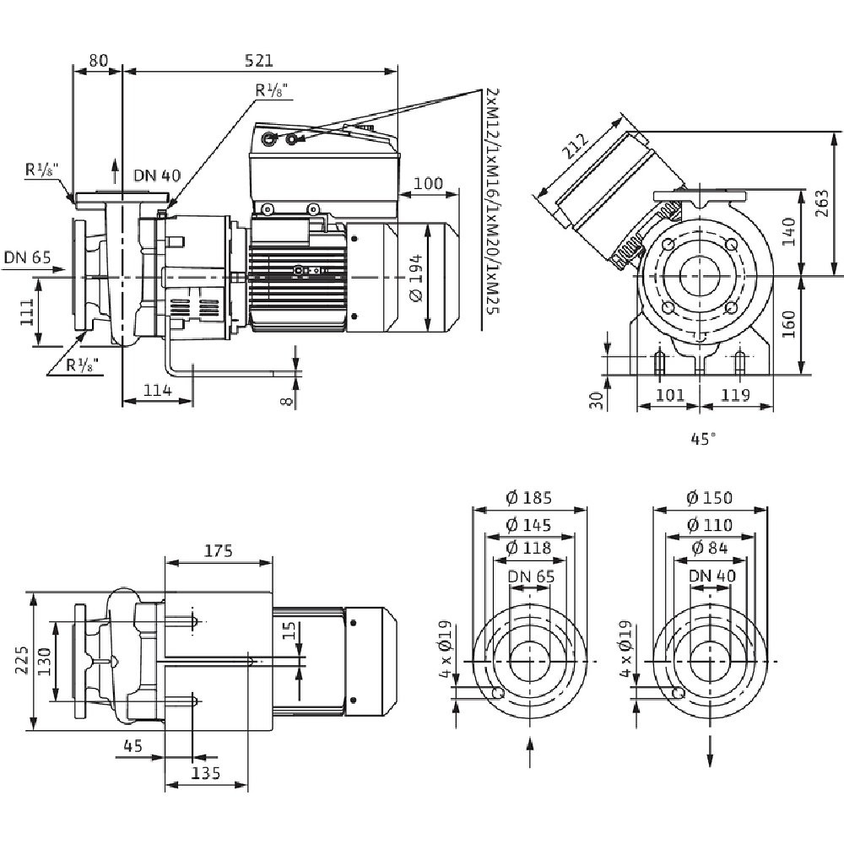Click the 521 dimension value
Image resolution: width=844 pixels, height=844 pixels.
(260, 60)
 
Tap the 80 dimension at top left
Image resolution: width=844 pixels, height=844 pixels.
(98, 60)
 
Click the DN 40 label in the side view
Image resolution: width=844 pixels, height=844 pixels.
(157, 176)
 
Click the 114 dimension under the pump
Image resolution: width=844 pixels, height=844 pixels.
(157, 390)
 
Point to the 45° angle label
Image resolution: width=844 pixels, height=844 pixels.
(702, 438)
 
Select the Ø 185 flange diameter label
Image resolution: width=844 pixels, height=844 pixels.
(529, 498)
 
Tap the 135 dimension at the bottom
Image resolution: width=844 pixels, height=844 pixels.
(205, 773)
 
